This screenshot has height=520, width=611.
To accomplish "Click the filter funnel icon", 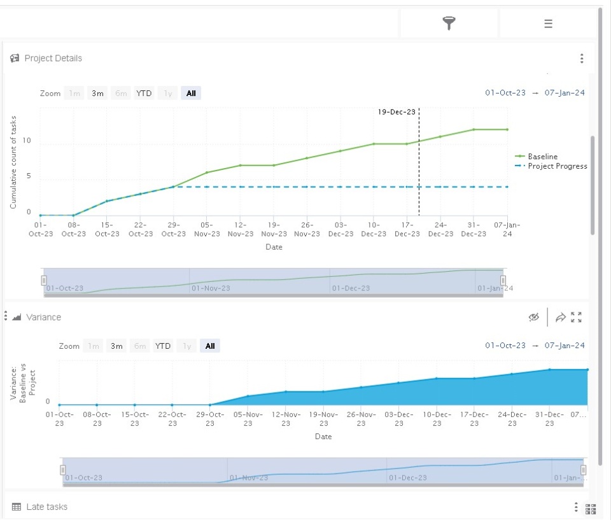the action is click(x=449, y=24).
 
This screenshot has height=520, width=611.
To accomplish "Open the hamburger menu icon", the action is click(x=548, y=24).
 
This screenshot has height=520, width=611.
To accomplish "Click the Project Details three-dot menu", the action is click(x=582, y=59).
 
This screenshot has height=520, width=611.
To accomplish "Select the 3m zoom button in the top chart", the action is click(x=97, y=93).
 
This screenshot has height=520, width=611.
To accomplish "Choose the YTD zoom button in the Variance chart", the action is click(x=162, y=346).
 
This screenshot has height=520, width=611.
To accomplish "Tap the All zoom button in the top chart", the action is click(x=191, y=93).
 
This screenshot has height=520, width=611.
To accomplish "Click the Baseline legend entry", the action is click(x=537, y=157).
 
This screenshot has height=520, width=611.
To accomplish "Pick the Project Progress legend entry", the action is click(x=551, y=166).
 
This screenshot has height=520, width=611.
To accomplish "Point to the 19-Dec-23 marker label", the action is click(x=397, y=112).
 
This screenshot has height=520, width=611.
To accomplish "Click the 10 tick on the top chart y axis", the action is click(x=27, y=140).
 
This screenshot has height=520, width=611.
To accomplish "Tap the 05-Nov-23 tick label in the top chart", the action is click(x=207, y=229).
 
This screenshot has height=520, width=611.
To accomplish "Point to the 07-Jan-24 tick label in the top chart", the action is click(x=507, y=229).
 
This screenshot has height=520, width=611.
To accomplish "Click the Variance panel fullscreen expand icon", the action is click(x=577, y=317).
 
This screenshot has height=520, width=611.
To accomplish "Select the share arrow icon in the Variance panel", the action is click(x=560, y=317).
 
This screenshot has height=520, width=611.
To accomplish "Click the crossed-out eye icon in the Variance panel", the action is click(x=534, y=317).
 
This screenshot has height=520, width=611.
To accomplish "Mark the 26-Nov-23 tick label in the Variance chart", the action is click(x=362, y=419).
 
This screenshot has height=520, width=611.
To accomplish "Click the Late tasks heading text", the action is click(x=46, y=507).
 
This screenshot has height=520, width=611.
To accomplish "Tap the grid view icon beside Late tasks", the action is click(x=591, y=509).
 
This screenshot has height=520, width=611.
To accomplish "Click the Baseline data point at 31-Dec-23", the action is click(x=474, y=129).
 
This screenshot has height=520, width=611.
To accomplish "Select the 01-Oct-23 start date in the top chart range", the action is click(x=505, y=93).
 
